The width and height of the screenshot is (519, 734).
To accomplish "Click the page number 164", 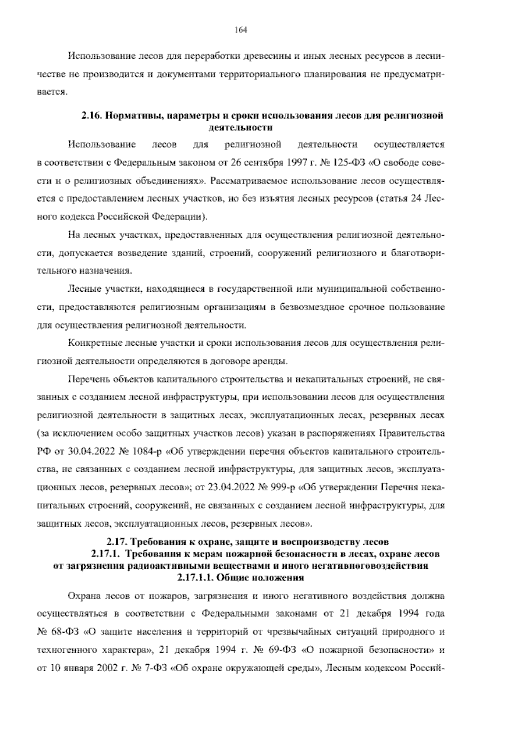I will coord(240,29).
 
